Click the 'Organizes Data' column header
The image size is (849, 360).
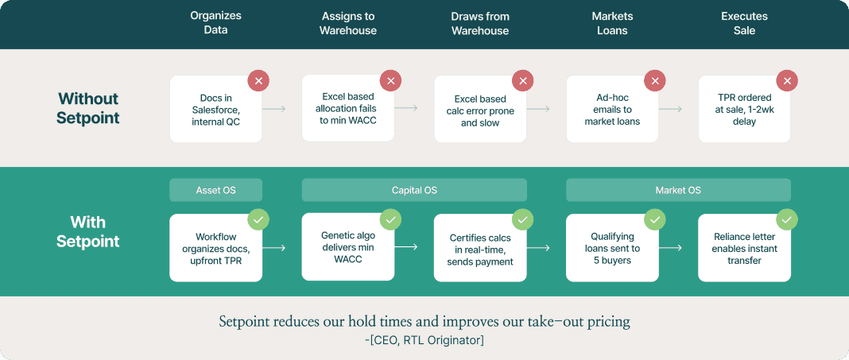tap(215, 23)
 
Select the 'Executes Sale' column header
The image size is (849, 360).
tap(744, 23)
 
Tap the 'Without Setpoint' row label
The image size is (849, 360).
tap(88, 108)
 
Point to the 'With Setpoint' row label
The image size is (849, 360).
tap(88, 232)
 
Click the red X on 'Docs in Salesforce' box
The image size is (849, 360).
tap(258, 81)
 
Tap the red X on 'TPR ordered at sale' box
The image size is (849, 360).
tap(787, 81)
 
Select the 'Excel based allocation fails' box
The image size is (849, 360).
tap(347, 108)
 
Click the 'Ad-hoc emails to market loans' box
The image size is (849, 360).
tap(612, 108)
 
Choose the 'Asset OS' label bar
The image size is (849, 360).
tap(215, 190)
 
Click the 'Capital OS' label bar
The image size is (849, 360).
tap(413, 190)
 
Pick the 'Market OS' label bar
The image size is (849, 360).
tap(678, 190)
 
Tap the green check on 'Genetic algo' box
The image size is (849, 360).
tap(390, 220)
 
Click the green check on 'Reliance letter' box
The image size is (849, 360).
tap(787, 220)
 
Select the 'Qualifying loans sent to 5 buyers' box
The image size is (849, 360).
tap(612, 247)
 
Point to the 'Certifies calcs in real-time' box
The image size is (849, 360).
tap(479, 247)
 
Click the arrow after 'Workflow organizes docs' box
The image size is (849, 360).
tap(274, 248)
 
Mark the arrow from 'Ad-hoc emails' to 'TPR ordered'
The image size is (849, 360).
tap(670, 109)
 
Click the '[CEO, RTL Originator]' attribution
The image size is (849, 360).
tap(424, 340)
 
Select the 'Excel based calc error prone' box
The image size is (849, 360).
tap(479, 108)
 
